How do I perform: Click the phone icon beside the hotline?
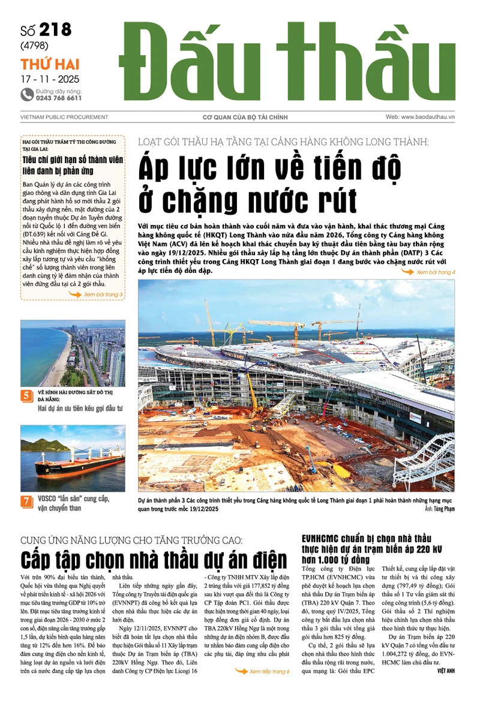[x=27, y=94]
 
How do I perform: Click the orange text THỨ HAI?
[x=50, y=64]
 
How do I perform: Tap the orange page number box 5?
[x=27, y=395]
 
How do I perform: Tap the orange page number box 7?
[x=27, y=501]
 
